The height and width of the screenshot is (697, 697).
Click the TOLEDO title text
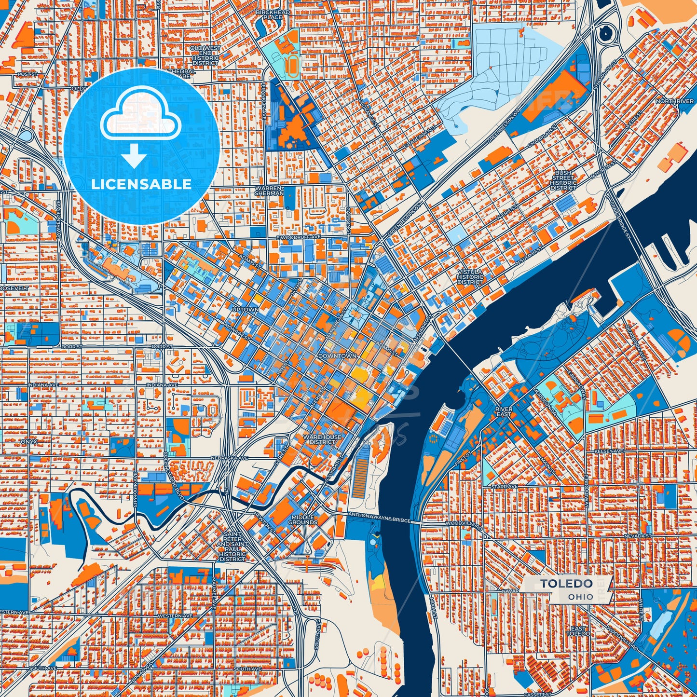tap(566, 584)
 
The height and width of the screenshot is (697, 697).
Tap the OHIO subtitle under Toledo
tap(580, 597)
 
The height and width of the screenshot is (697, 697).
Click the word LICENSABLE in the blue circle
tap(141, 184)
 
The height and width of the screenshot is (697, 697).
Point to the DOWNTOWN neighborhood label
tap(337, 356)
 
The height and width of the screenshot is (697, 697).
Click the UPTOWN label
tap(245, 309)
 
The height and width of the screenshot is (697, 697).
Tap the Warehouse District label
tap(322, 439)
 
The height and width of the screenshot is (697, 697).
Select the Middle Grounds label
tap(302, 519)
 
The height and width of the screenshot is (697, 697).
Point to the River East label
tap(504, 411)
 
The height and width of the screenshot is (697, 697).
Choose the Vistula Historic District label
tap(470, 277)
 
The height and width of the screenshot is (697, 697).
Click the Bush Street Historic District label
tap(563, 180)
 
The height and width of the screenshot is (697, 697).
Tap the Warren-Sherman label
tap(269, 190)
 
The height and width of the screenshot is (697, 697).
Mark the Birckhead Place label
tap(273, 14)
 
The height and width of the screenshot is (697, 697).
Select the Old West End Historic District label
tap(205, 55)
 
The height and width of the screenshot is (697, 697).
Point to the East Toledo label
tap(577, 631)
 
